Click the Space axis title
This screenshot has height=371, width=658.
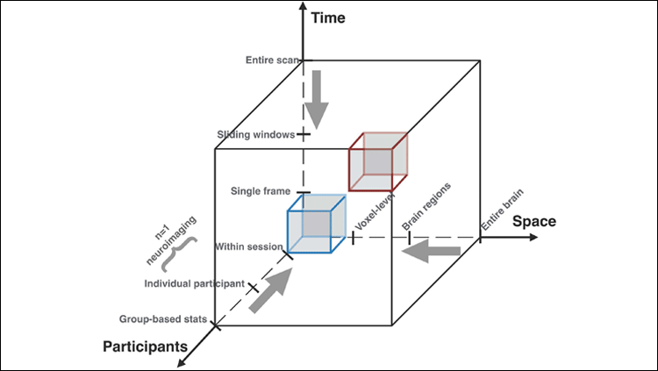[x=534, y=221]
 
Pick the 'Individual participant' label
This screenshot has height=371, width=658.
[x=195, y=283]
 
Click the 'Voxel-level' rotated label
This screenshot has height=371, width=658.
[x=367, y=217]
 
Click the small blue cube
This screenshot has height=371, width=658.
[x=316, y=224]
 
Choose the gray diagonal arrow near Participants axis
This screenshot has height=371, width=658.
[x=270, y=290]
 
